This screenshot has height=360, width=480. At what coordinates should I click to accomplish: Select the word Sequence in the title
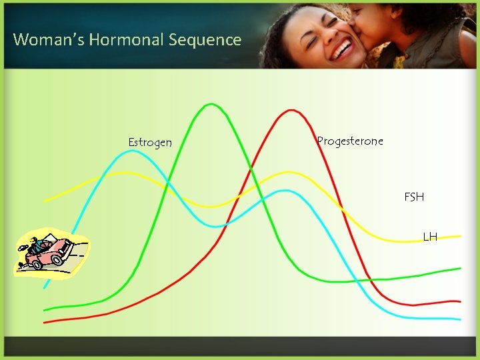205,40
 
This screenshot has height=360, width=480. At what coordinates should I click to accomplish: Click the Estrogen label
150,143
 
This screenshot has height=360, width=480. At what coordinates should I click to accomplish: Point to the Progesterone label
350,141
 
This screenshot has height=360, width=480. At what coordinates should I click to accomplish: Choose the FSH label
414,197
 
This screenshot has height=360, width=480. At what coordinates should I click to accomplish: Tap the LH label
430,237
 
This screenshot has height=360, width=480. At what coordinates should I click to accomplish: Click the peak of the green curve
211,104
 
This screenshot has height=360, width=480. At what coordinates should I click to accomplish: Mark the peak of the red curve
291,110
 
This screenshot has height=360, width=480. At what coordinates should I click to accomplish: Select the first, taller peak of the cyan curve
132,151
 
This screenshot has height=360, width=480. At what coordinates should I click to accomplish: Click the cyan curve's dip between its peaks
215,227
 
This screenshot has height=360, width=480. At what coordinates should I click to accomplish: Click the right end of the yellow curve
459,236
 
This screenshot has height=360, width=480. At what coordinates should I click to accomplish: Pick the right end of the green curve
459,268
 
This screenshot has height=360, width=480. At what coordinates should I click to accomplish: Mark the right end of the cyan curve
459,319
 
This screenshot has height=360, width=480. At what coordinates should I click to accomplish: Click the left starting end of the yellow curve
45,200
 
